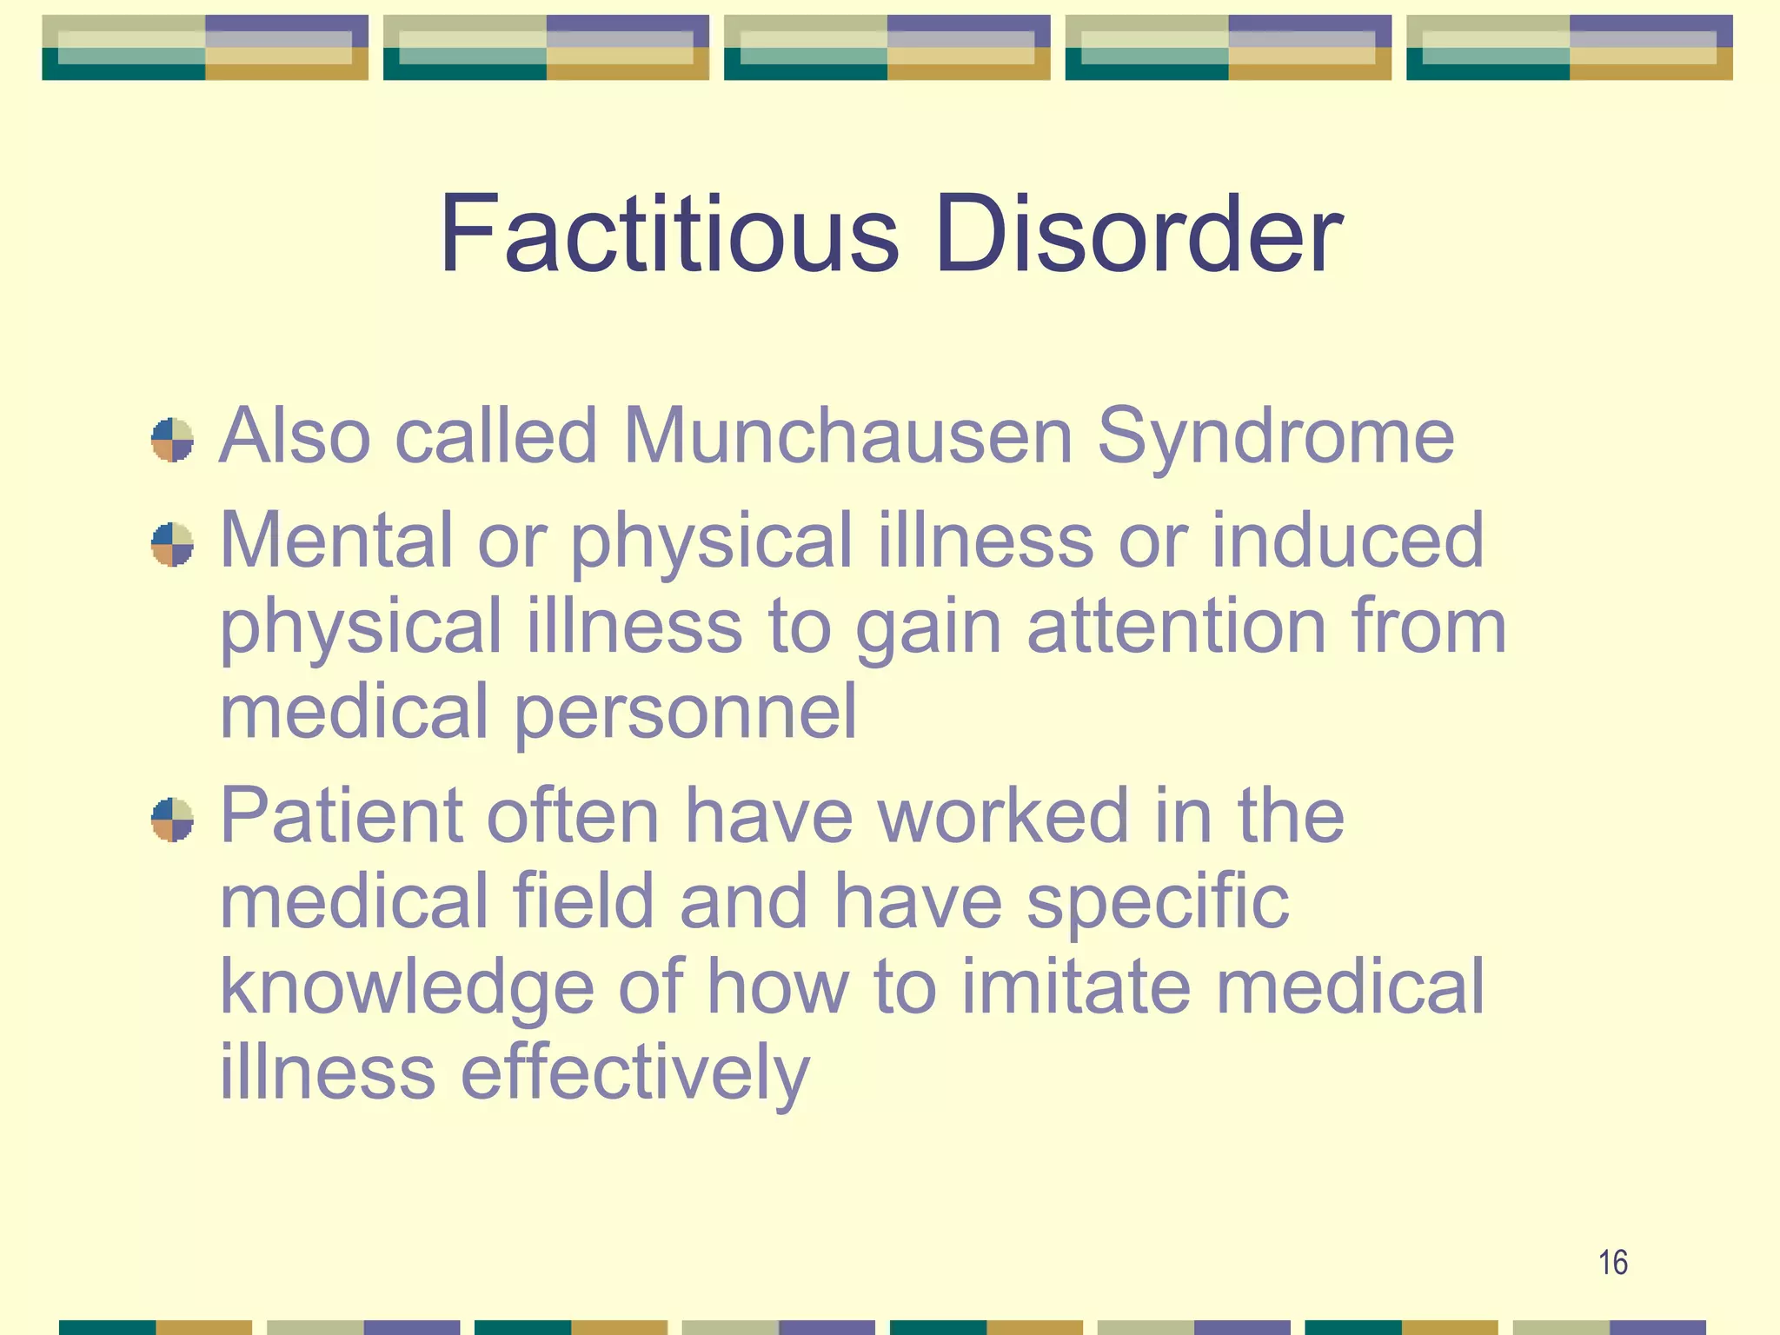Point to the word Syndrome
1275,437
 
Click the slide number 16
1612,1262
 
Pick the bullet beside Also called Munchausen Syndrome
172,440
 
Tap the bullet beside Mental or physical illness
172,544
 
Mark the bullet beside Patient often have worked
172,820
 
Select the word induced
1347,540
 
